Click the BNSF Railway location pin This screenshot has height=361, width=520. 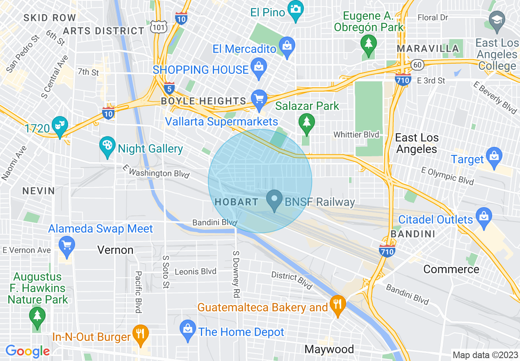click(x=274, y=200)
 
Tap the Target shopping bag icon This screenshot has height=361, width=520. click(x=494, y=157)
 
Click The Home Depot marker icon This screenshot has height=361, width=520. click(x=188, y=330)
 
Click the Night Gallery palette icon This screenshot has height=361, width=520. click(x=107, y=146)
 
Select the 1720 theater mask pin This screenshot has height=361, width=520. click(x=60, y=126)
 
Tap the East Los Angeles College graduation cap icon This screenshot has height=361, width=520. click(x=497, y=21)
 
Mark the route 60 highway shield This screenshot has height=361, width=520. click(x=417, y=64)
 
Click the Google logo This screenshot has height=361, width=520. click(x=27, y=351)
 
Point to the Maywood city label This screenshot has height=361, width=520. click(x=329, y=349)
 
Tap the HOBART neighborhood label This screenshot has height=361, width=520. click(x=237, y=202)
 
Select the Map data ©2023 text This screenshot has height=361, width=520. click(x=484, y=355)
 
